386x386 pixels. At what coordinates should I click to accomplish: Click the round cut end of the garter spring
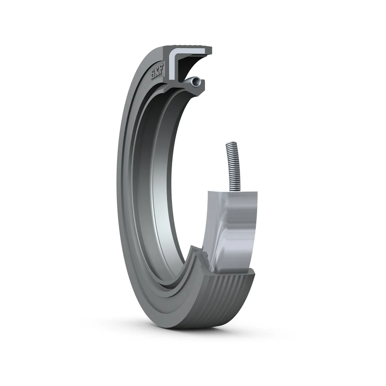click(197, 81)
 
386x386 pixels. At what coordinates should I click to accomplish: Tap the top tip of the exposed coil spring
click(228, 144)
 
